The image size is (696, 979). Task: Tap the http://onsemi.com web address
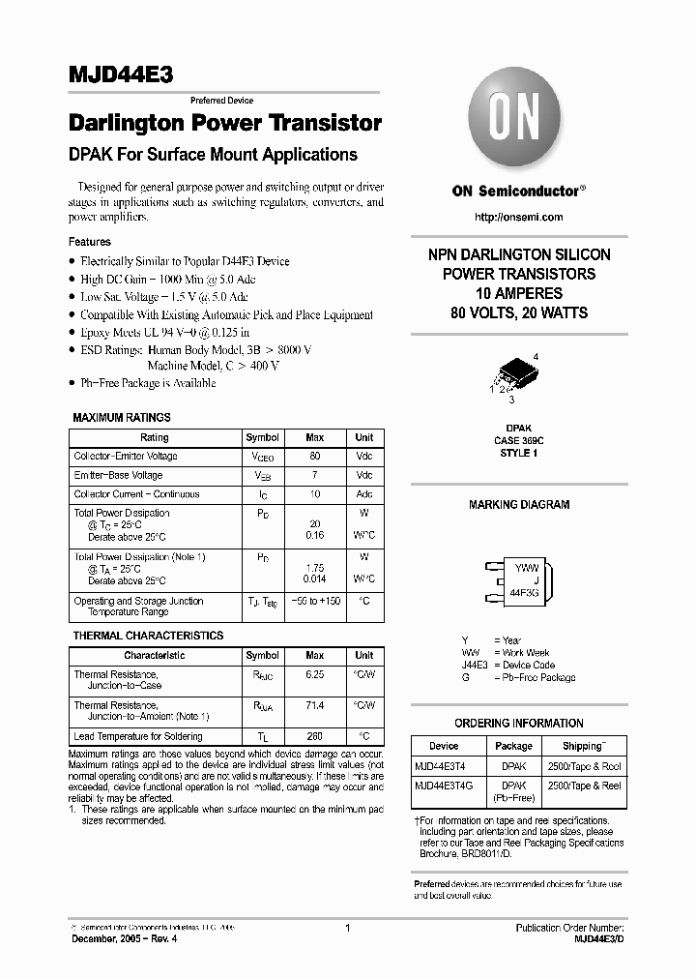(519, 218)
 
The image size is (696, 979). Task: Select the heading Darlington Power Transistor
(225, 124)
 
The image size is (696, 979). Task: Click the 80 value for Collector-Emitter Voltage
(314, 456)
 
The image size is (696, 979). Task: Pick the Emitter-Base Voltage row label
(118, 475)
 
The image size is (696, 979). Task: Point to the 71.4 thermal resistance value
(314, 707)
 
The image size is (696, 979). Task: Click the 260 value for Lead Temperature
(314, 737)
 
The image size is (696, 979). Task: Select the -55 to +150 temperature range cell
(314, 601)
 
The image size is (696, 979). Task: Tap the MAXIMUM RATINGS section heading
(122, 418)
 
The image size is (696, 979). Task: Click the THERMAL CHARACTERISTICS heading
(148, 636)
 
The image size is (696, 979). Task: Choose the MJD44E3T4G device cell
(444, 786)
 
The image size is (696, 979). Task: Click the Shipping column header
(583, 746)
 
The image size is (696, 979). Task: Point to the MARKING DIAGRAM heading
(519, 505)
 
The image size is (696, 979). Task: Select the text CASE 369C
(519, 440)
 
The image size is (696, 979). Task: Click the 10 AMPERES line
(519, 293)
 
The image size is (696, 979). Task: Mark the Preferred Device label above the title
(221, 101)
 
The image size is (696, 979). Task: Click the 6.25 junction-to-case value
(314, 674)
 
